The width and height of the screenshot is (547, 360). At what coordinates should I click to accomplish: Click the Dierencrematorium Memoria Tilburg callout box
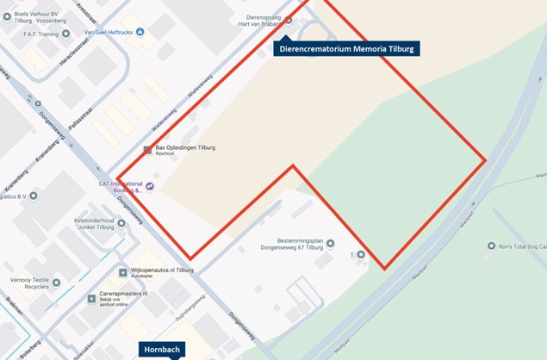point(346,49)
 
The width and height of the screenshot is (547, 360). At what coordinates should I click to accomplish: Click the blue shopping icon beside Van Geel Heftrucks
point(140,33)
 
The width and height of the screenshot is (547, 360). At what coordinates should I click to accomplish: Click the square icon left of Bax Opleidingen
point(147,149)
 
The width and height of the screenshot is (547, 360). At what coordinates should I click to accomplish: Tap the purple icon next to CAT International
point(150,185)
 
